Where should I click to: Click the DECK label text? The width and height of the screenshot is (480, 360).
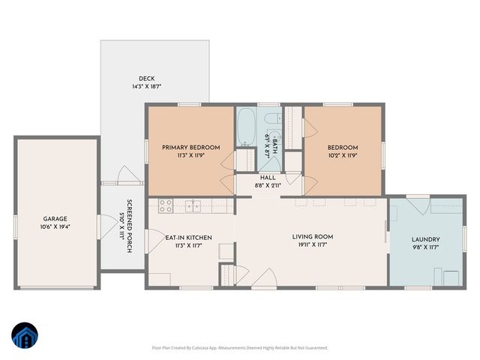(x=145, y=79)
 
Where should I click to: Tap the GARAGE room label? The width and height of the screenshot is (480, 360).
(x=56, y=218)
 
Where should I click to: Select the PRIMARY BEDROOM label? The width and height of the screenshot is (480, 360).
(x=191, y=148)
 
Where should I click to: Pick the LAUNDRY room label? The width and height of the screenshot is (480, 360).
(x=426, y=240)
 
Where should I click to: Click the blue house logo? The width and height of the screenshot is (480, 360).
(x=24, y=337)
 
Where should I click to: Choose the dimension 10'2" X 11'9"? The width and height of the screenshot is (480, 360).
(x=342, y=155)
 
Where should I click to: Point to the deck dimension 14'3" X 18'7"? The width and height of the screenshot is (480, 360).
(x=145, y=87)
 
